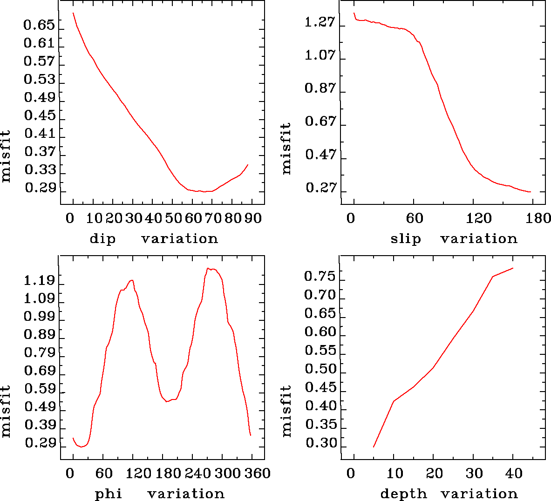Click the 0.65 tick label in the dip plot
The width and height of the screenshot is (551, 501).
point(40,25)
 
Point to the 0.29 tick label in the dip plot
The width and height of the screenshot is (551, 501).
point(40,188)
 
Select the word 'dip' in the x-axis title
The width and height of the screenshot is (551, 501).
point(102,239)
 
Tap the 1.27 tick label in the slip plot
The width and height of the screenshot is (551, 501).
point(320,22)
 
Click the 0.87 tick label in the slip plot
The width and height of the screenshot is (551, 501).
point(320,88)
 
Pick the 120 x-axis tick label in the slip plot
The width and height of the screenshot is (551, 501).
point(479,218)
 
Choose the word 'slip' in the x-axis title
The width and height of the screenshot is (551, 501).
point(406,239)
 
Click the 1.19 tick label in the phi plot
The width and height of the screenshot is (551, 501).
point(40,281)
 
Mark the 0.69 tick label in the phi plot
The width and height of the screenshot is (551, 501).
point(40,371)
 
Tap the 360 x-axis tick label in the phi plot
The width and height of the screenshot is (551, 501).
point(258,474)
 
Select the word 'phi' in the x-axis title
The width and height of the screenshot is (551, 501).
point(109,494)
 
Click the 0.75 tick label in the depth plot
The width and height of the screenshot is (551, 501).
point(320,277)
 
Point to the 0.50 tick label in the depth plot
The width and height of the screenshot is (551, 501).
point(320,369)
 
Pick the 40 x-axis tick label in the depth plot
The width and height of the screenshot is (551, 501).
point(514,474)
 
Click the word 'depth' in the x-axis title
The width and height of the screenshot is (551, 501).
point(403,494)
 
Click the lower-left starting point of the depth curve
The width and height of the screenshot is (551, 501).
point(374,447)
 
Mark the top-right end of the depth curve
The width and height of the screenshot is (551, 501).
point(513,268)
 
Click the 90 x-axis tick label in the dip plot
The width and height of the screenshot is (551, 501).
point(253,218)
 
